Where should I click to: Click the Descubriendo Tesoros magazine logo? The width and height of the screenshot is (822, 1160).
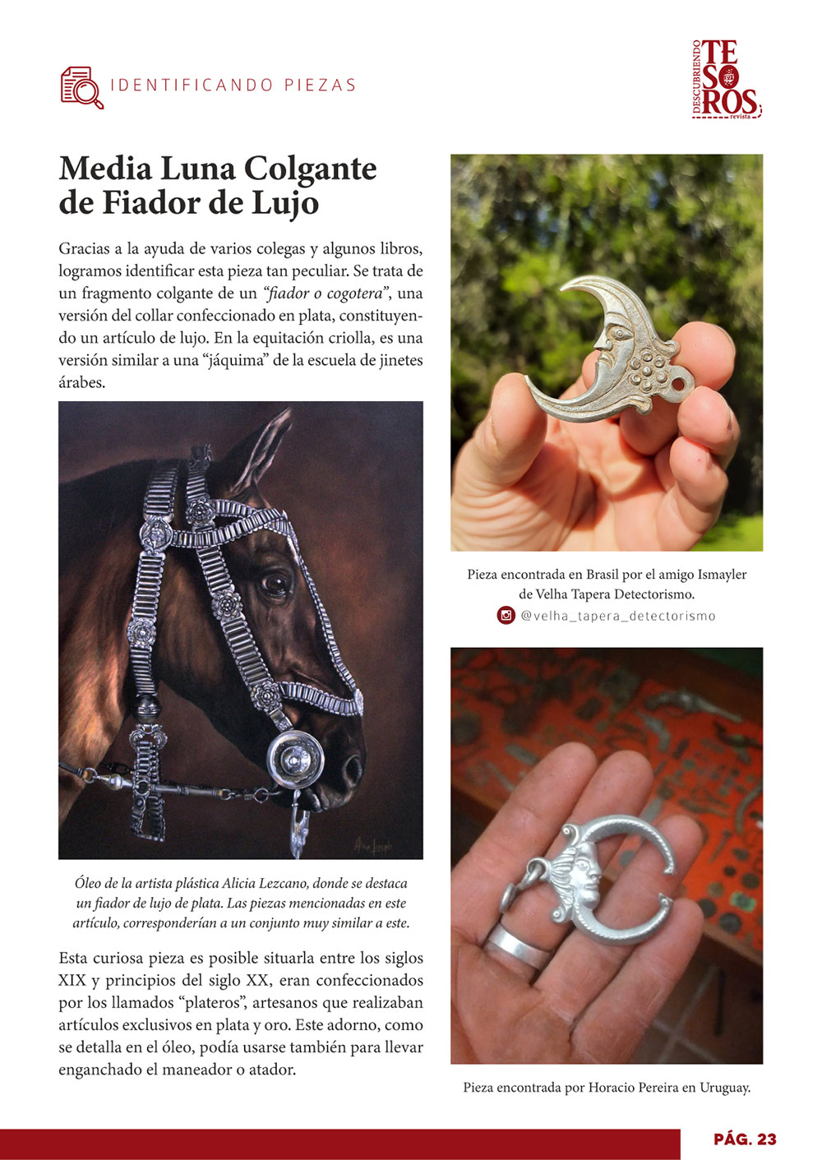point(727,79)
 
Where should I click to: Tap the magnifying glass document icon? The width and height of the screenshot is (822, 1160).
point(81,87)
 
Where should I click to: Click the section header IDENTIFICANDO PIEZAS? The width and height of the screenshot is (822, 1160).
point(233,85)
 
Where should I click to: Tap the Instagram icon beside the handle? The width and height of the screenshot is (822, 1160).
point(506,616)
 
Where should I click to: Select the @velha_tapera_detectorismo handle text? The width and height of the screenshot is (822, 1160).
point(618,616)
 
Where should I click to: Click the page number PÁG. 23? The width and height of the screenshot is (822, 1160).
point(745,1139)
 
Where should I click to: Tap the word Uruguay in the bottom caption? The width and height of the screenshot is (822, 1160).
point(724,1088)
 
